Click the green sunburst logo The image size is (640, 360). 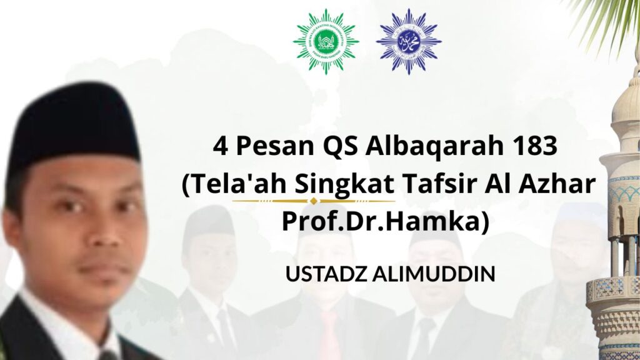(x=326, y=42)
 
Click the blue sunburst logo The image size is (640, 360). (x=409, y=42)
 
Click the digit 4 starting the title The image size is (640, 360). (x=221, y=146)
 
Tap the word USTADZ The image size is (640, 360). (x=326, y=274)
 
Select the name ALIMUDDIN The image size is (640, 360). (x=434, y=274)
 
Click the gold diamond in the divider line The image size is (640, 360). (x=314, y=201)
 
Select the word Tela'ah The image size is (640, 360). (x=239, y=184)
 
